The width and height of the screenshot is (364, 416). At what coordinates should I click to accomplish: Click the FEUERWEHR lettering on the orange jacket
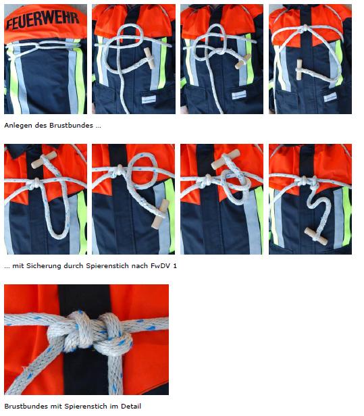43,20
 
